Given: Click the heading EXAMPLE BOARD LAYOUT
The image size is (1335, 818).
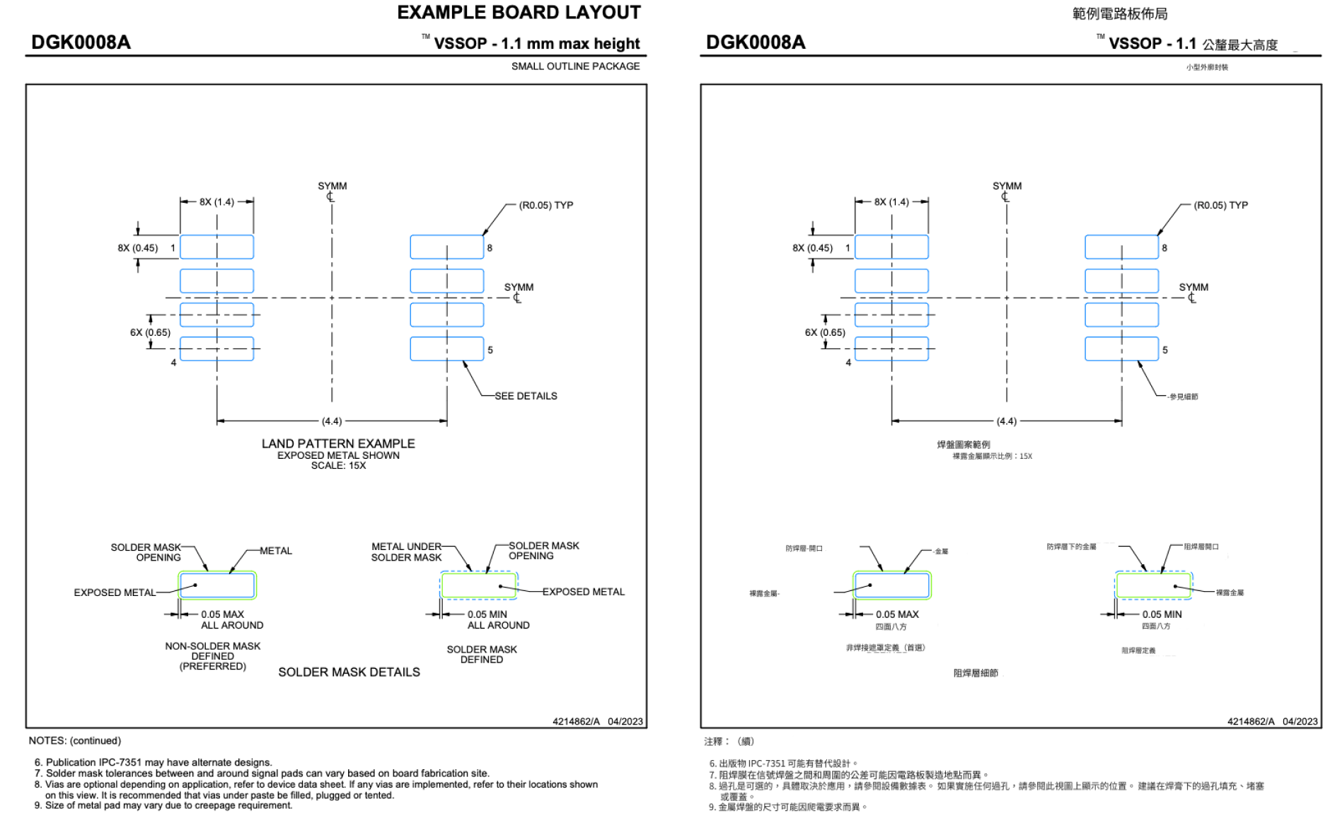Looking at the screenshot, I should point(519,13).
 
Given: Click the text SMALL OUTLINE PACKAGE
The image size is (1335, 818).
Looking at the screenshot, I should point(575,66).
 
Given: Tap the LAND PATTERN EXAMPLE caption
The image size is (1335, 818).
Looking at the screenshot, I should point(338,443).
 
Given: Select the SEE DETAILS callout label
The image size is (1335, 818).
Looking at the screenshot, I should point(526,396).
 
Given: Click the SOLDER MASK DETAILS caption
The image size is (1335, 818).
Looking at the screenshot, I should point(349,672).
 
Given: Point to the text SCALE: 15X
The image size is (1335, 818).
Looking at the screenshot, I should point(338,466).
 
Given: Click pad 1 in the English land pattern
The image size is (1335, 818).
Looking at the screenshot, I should point(216,247).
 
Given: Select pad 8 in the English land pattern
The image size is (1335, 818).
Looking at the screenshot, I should point(447,247).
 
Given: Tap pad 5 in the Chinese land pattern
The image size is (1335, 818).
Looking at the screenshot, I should point(1121,349).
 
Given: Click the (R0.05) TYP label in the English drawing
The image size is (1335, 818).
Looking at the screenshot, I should point(545,206).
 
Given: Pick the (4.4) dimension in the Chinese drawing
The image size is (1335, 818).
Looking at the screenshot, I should point(1006,421).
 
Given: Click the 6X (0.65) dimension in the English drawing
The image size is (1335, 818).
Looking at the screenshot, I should point(150,332).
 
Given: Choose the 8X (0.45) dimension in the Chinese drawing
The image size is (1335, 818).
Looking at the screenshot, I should point(812,248).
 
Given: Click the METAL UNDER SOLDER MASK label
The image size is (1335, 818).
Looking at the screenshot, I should point(406,551).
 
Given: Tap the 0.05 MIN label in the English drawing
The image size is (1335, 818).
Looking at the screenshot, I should point(487,614).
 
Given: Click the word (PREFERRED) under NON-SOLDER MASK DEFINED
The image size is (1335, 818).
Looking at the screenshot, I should point(212,667).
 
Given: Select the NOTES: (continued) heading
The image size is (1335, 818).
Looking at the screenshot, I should point(75,741).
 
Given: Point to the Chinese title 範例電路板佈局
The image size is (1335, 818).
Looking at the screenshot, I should point(1120,13).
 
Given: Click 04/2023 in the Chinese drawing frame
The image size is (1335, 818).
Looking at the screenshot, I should point(1300,722).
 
